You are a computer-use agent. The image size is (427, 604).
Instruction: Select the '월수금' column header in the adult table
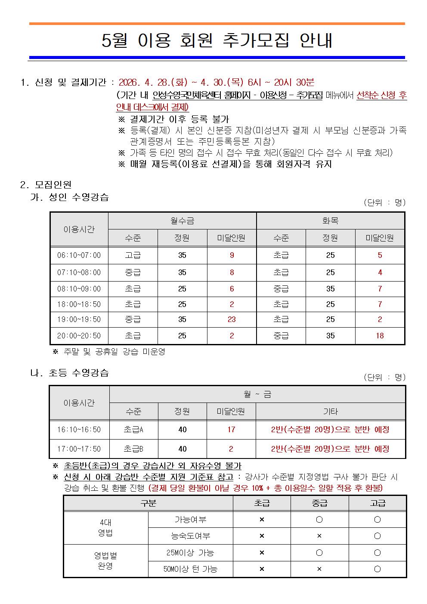point(182,221)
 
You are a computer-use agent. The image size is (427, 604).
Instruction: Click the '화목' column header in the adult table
point(330,221)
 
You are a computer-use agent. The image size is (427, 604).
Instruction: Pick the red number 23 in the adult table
point(232,319)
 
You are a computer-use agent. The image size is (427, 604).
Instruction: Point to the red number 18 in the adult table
point(380,336)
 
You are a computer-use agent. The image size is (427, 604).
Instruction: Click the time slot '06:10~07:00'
point(79,255)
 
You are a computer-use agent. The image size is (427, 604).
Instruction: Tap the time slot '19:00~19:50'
point(79,319)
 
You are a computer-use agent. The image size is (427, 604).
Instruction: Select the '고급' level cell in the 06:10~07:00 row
point(133,255)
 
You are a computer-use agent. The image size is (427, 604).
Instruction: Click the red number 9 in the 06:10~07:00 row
point(232,255)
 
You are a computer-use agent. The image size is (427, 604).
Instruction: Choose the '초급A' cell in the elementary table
point(133,429)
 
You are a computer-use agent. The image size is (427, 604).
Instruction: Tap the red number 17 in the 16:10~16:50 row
point(231,429)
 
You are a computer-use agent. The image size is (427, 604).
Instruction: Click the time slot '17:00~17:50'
point(79,449)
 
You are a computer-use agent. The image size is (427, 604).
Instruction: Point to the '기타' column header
point(330,412)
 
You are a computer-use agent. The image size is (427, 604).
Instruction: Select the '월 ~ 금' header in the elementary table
point(257,394)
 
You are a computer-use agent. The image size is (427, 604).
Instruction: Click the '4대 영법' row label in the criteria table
point(105,528)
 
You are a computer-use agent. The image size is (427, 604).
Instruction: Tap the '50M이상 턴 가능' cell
point(190,569)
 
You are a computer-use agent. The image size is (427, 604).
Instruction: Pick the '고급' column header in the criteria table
point(377,503)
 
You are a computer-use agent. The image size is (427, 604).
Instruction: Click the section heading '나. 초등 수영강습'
point(69,373)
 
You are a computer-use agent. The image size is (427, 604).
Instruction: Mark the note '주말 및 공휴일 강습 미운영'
point(114,352)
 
